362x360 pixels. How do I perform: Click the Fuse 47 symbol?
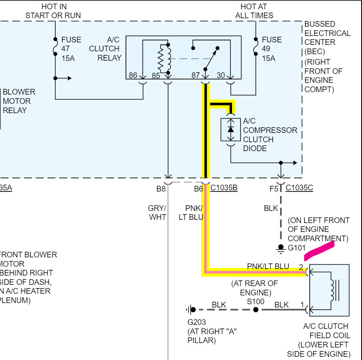[55, 48]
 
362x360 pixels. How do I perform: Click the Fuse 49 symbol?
[255, 48]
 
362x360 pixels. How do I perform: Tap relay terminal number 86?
[133, 75]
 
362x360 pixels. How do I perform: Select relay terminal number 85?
[156, 75]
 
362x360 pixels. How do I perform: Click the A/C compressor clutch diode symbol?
[230, 130]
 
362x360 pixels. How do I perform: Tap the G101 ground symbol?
[281, 248]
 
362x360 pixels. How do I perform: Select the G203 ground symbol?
[190, 310]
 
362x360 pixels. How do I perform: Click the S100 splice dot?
[255, 310]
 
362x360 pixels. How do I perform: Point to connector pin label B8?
[161, 188]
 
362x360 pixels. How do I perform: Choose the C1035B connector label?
[224, 188]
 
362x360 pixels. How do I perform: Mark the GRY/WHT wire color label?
[157, 213]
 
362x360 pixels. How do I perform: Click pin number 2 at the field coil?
[301, 267]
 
